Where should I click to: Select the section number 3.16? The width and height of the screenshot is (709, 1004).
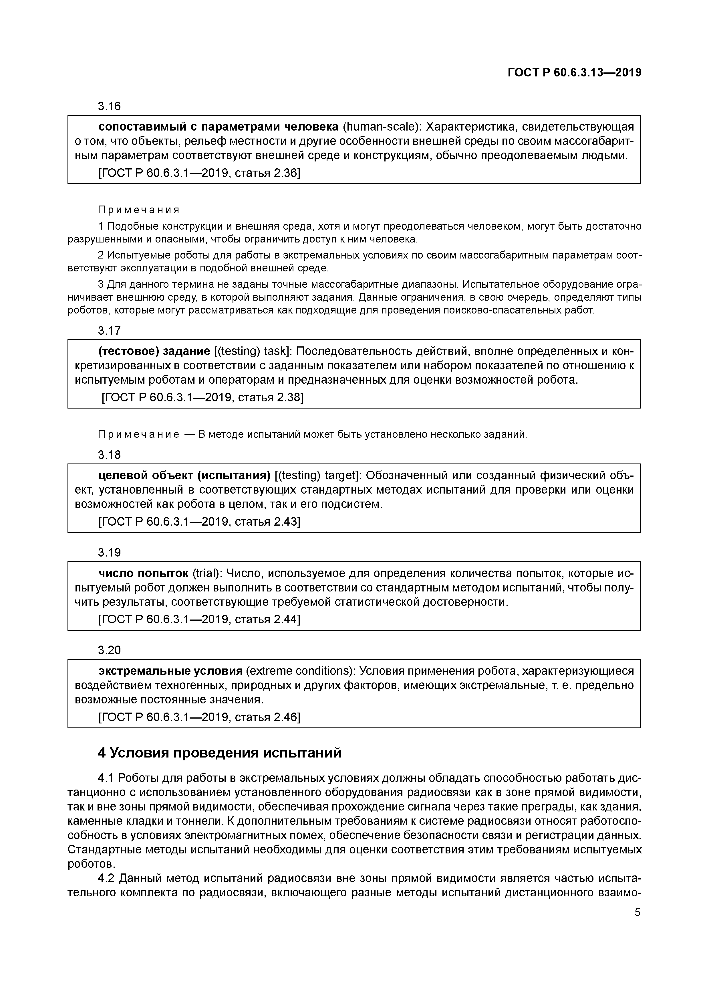click(x=109, y=106)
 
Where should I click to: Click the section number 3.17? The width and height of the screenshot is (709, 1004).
click(x=109, y=331)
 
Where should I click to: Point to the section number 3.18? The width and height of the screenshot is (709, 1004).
click(x=109, y=455)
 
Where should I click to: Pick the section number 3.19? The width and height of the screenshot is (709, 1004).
click(x=109, y=553)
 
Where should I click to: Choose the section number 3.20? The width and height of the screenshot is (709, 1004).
click(x=109, y=650)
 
